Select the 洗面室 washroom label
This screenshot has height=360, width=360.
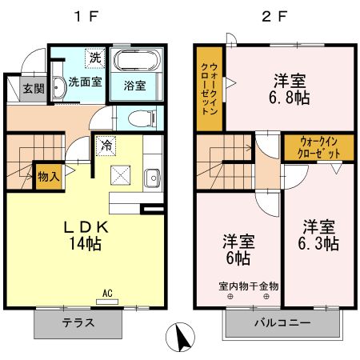(x=84, y=82)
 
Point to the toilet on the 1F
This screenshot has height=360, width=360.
(x=142, y=118)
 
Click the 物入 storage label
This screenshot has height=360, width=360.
(x=48, y=176)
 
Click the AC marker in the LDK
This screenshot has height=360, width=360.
(x=108, y=294)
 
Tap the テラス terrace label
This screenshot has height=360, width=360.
(x=78, y=324)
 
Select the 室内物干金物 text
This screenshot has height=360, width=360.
(x=248, y=286)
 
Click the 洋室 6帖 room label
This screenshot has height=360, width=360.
(x=238, y=249)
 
